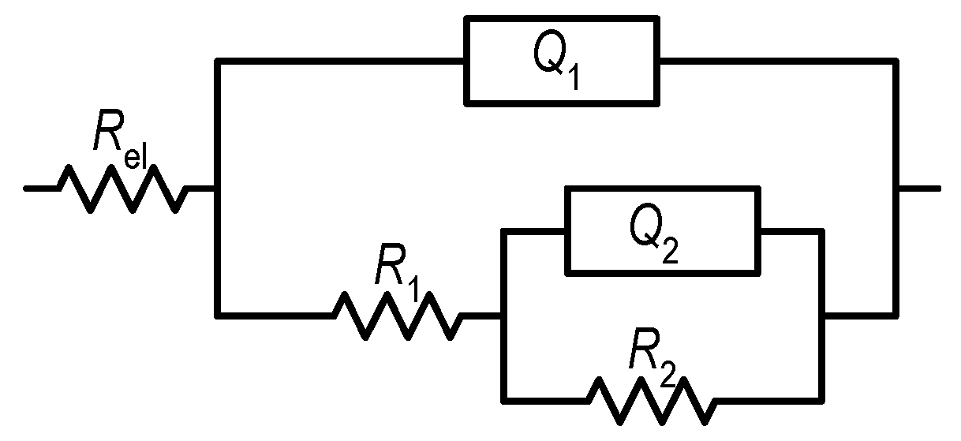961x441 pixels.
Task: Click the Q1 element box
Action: (x=562, y=60)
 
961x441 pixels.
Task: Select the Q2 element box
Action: (x=663, y=230)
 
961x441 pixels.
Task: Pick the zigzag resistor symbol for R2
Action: (x=653, y=398)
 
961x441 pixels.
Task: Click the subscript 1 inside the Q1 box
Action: (x=574, y=78)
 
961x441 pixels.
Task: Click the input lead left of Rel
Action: (x=41, y=189)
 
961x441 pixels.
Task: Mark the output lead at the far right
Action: (x=919, y=189)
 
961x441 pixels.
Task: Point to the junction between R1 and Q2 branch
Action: (x=501, y=316)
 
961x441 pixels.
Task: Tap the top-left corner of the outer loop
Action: (x=217, y=60)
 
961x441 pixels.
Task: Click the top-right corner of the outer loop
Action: (x=896, y=60)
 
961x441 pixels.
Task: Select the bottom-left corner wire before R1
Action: (x=217, y=316)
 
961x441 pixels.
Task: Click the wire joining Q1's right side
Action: (x=777, y=60)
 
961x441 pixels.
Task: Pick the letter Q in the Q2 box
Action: (x=646, y=228)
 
